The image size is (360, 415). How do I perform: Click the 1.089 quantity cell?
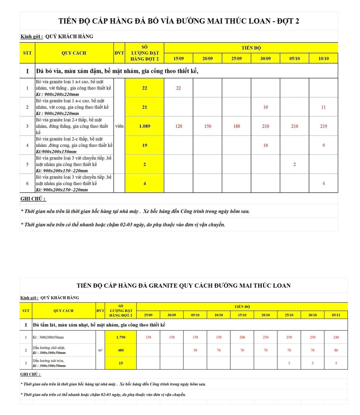point(144,126)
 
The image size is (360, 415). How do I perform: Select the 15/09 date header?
point(178,59)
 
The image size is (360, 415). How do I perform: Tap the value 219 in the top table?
point(323,126)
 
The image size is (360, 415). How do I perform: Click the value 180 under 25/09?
point(236,126)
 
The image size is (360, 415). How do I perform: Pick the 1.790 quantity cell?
point(121,337)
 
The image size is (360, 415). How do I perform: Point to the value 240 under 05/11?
point(336,337)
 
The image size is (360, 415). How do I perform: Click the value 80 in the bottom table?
point(336,350)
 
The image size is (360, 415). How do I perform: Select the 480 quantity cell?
point(121,350)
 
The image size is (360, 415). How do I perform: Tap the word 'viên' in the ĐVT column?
point(119,126)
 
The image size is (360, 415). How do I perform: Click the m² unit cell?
point(100,350)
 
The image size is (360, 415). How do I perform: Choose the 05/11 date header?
point(336,315)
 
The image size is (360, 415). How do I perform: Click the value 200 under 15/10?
point(242,337)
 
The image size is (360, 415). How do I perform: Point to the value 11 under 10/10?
point(323,107)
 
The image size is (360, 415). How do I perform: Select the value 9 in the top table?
point(323,145)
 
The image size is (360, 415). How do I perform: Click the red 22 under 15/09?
point(178,88)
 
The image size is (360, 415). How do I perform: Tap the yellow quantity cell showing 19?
point(144,145)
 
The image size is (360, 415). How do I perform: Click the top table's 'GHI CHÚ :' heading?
point(33,199)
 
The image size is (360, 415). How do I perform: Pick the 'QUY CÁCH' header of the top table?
point(74,53)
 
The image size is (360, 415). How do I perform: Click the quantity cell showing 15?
point(121,363)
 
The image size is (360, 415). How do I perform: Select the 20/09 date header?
point(207,59)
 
